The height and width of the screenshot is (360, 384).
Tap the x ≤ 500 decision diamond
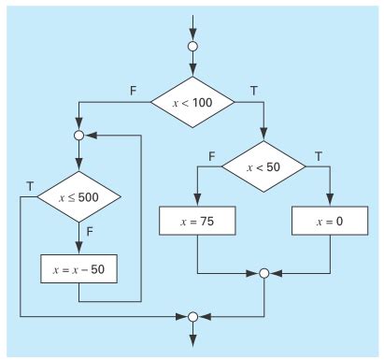point(78,197)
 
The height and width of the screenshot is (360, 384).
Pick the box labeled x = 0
point(327,223)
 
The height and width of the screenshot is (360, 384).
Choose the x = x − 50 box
point(78,267)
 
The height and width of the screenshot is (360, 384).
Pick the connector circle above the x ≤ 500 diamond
point(78,135)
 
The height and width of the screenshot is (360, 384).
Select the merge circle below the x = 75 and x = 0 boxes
point(263,273)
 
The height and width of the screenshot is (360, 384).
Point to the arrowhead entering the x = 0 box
point(327,201)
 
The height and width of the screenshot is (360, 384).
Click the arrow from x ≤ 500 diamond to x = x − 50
point(78,239)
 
